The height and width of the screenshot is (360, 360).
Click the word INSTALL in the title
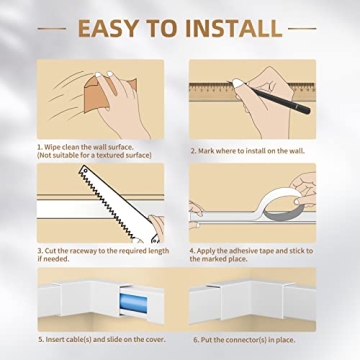pos(232,26)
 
